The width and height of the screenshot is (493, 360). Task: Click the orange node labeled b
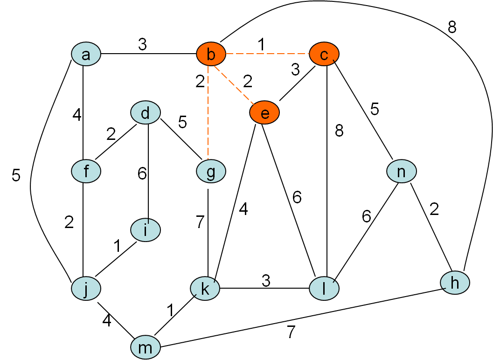211,55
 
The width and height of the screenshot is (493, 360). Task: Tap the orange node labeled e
264,113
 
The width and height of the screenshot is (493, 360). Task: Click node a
86,55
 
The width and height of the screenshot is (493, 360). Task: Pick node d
146,113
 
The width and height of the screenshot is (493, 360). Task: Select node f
86,171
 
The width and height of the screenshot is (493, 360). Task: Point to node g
211,171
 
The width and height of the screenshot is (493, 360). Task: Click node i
146,230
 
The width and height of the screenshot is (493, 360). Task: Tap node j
86,289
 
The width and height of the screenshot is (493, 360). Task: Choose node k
205,289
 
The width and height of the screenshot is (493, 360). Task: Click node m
146,347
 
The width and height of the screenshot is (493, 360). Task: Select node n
401,171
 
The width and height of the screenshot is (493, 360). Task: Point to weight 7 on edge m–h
291,332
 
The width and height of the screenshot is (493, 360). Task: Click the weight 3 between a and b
142,44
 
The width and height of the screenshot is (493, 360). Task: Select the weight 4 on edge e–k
243,209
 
